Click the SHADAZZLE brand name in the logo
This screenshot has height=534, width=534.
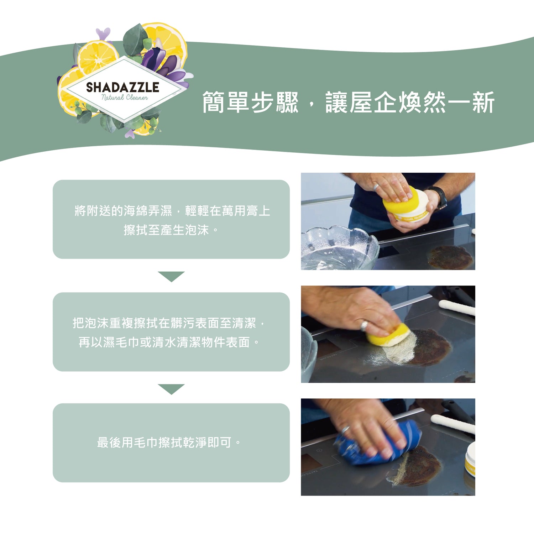[x=122, y=87]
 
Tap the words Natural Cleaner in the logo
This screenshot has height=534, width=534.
[x=125, y=98]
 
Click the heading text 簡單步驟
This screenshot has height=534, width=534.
[x=250, y=103]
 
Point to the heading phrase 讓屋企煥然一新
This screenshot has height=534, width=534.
[x=410, y=103]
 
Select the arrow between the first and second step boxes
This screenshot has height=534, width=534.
[x=171, y=276]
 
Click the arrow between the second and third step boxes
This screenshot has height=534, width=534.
[x=171, y=389]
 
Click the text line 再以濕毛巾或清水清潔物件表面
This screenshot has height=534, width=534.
[x=169, y=342]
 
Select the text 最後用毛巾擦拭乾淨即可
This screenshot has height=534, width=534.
[x=169, y=443]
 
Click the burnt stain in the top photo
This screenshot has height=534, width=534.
[x=450, y=257]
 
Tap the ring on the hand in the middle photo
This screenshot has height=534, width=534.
[x=364, y=325]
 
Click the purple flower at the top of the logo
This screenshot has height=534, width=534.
[x=103, y=34]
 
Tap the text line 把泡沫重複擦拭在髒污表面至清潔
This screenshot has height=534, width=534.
[x=169, y=323]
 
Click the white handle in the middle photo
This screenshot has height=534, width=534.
[x=457, y=308]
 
